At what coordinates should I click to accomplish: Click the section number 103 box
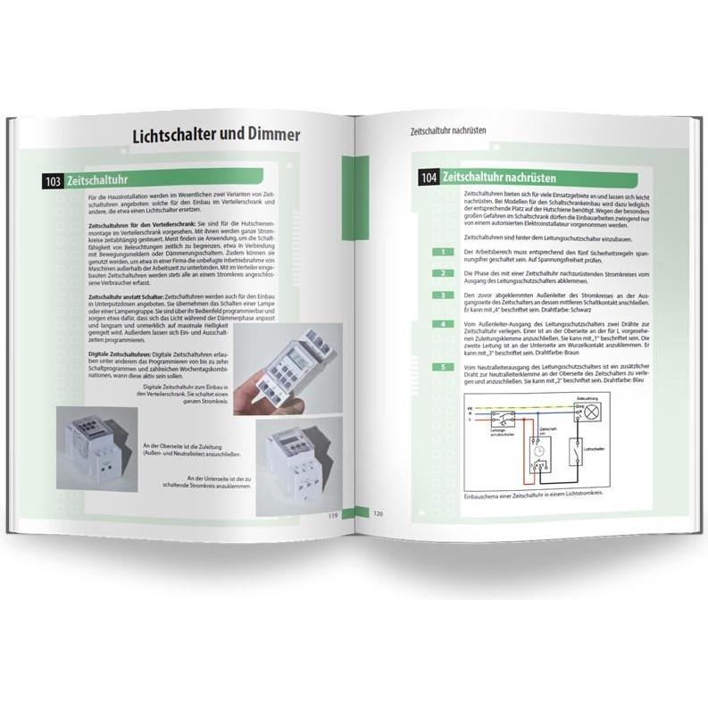53,182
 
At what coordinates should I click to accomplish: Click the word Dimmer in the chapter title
265,136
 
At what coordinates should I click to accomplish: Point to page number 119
331,515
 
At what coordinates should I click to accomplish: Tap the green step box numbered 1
439,252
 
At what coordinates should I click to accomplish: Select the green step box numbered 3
439,295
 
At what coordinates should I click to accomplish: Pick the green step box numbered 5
439,368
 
